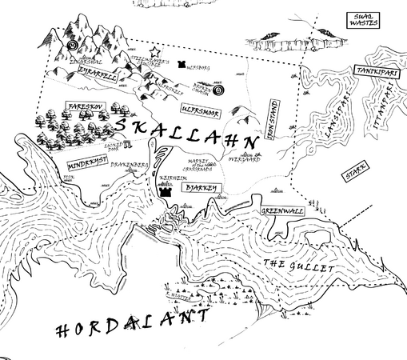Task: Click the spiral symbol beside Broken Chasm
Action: (220, 87)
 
